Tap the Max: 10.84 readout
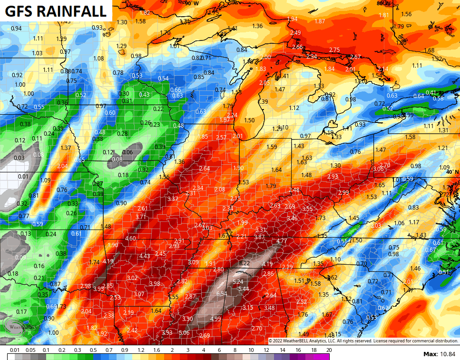(x=440, y=354)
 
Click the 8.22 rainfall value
(x=245, y=263)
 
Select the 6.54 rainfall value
(x=222, y=294)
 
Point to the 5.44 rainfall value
(x=243, y=289)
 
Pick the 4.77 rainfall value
(x=282, y=241)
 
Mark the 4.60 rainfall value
(x=130, y=239)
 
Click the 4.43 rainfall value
(x=145, y=256)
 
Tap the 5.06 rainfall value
(x=185, y=333)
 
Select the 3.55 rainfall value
(x=307, y=209)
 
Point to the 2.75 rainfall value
(x=334, y=50)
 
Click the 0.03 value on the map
(x=19, y=158)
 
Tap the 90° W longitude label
(x=192, y=3)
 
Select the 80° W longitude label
(x=383, y=3)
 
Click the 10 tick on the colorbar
(x=251, y=350)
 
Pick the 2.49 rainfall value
(x=295, y=32)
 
